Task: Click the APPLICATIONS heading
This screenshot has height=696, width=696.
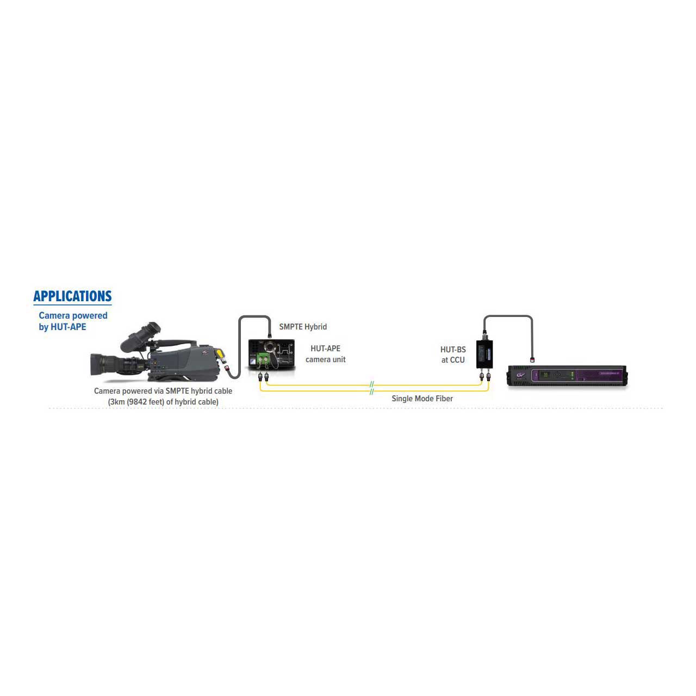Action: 73,296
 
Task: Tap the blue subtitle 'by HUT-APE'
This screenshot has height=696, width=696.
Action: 63,327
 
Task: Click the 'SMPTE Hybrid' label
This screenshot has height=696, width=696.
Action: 303,327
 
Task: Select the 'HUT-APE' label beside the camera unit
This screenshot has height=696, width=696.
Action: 325,349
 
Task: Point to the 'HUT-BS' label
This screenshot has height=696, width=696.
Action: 453,350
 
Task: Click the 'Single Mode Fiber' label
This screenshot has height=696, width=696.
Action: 422,399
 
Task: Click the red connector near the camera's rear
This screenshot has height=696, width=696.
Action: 227,369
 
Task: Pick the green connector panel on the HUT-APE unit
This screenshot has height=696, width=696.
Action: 263,361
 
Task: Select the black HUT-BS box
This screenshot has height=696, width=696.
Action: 484,354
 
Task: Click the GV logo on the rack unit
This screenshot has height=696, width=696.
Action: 520,375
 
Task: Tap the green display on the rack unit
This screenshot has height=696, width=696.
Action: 546,375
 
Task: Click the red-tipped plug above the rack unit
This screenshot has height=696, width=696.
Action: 532,359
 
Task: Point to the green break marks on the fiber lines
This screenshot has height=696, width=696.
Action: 372,388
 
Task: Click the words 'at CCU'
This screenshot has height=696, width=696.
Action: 453,360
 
